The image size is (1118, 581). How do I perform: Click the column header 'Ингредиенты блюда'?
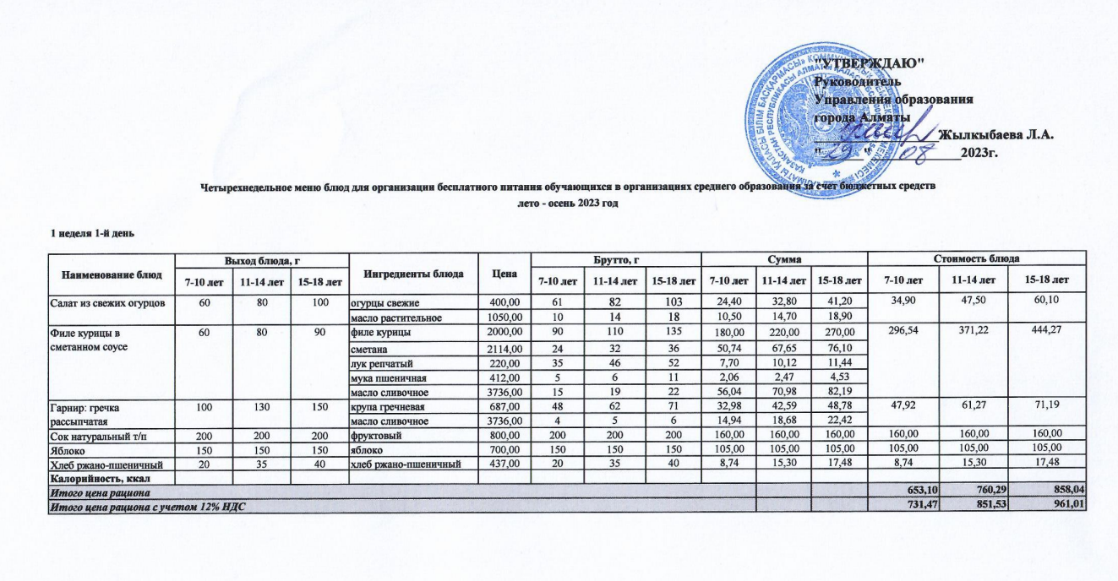click(x=412, y=274)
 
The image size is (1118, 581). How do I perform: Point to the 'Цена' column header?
click(x=504, y=274)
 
